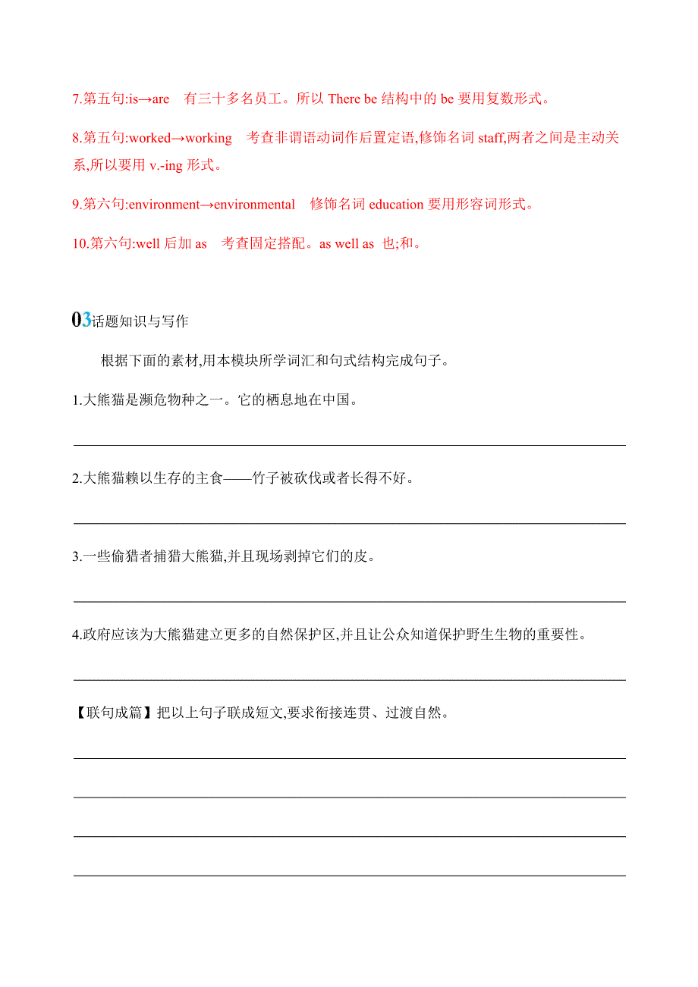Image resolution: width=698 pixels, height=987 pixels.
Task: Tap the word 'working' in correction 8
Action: point(209,138)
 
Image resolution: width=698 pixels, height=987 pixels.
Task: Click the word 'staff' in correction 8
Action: point(490,138)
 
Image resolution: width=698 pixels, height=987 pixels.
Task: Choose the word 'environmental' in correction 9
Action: point(254,204)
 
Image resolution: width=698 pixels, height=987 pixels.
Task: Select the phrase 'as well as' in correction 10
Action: point(347,243)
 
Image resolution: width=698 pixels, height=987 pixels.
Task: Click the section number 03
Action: point(81,320)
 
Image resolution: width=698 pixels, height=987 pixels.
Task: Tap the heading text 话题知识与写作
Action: point(140,321)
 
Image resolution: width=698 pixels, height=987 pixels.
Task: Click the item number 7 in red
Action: point(76,99)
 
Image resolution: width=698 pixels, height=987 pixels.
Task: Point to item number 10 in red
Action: point(79,243)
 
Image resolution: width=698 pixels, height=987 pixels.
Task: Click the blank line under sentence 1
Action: point(349,445)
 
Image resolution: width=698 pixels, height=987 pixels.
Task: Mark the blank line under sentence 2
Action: point(349,523)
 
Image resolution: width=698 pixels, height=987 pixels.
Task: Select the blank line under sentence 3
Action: point(349,601)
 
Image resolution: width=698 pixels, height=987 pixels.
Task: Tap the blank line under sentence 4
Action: point(349,680)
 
